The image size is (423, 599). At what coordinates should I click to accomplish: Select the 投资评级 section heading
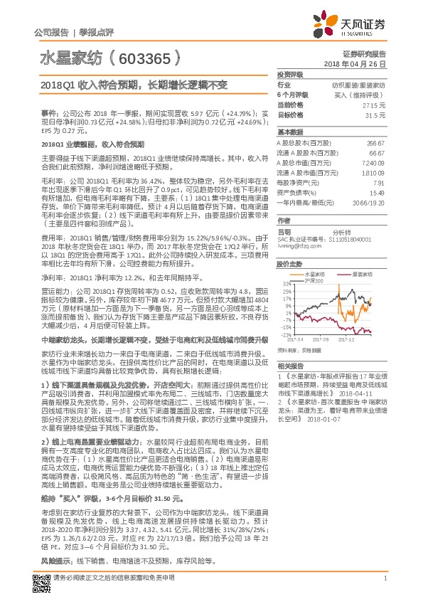coord(290,75)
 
